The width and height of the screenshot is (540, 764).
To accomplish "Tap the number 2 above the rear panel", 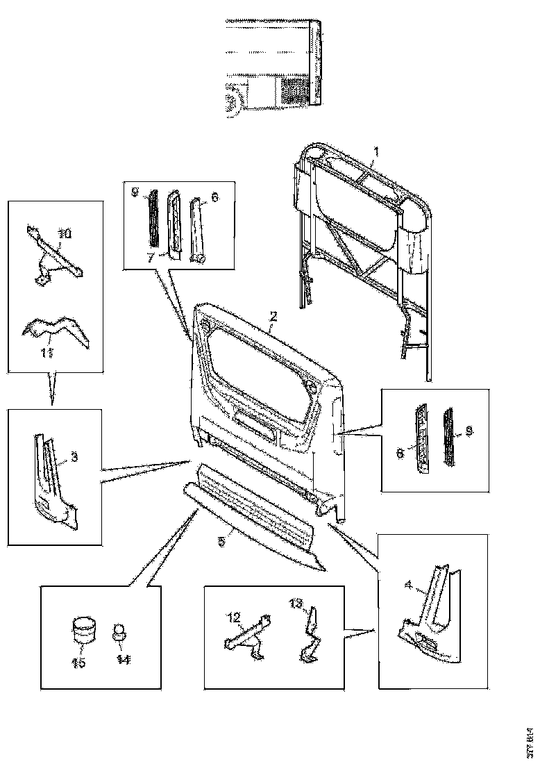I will [x=273, y=316].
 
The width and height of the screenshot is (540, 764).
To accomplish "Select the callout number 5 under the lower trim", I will [x=221, y=540].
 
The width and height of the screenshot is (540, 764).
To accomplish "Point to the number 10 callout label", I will [x=64, y=234].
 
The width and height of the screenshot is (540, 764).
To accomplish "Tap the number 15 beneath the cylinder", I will [x=78, y=663].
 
